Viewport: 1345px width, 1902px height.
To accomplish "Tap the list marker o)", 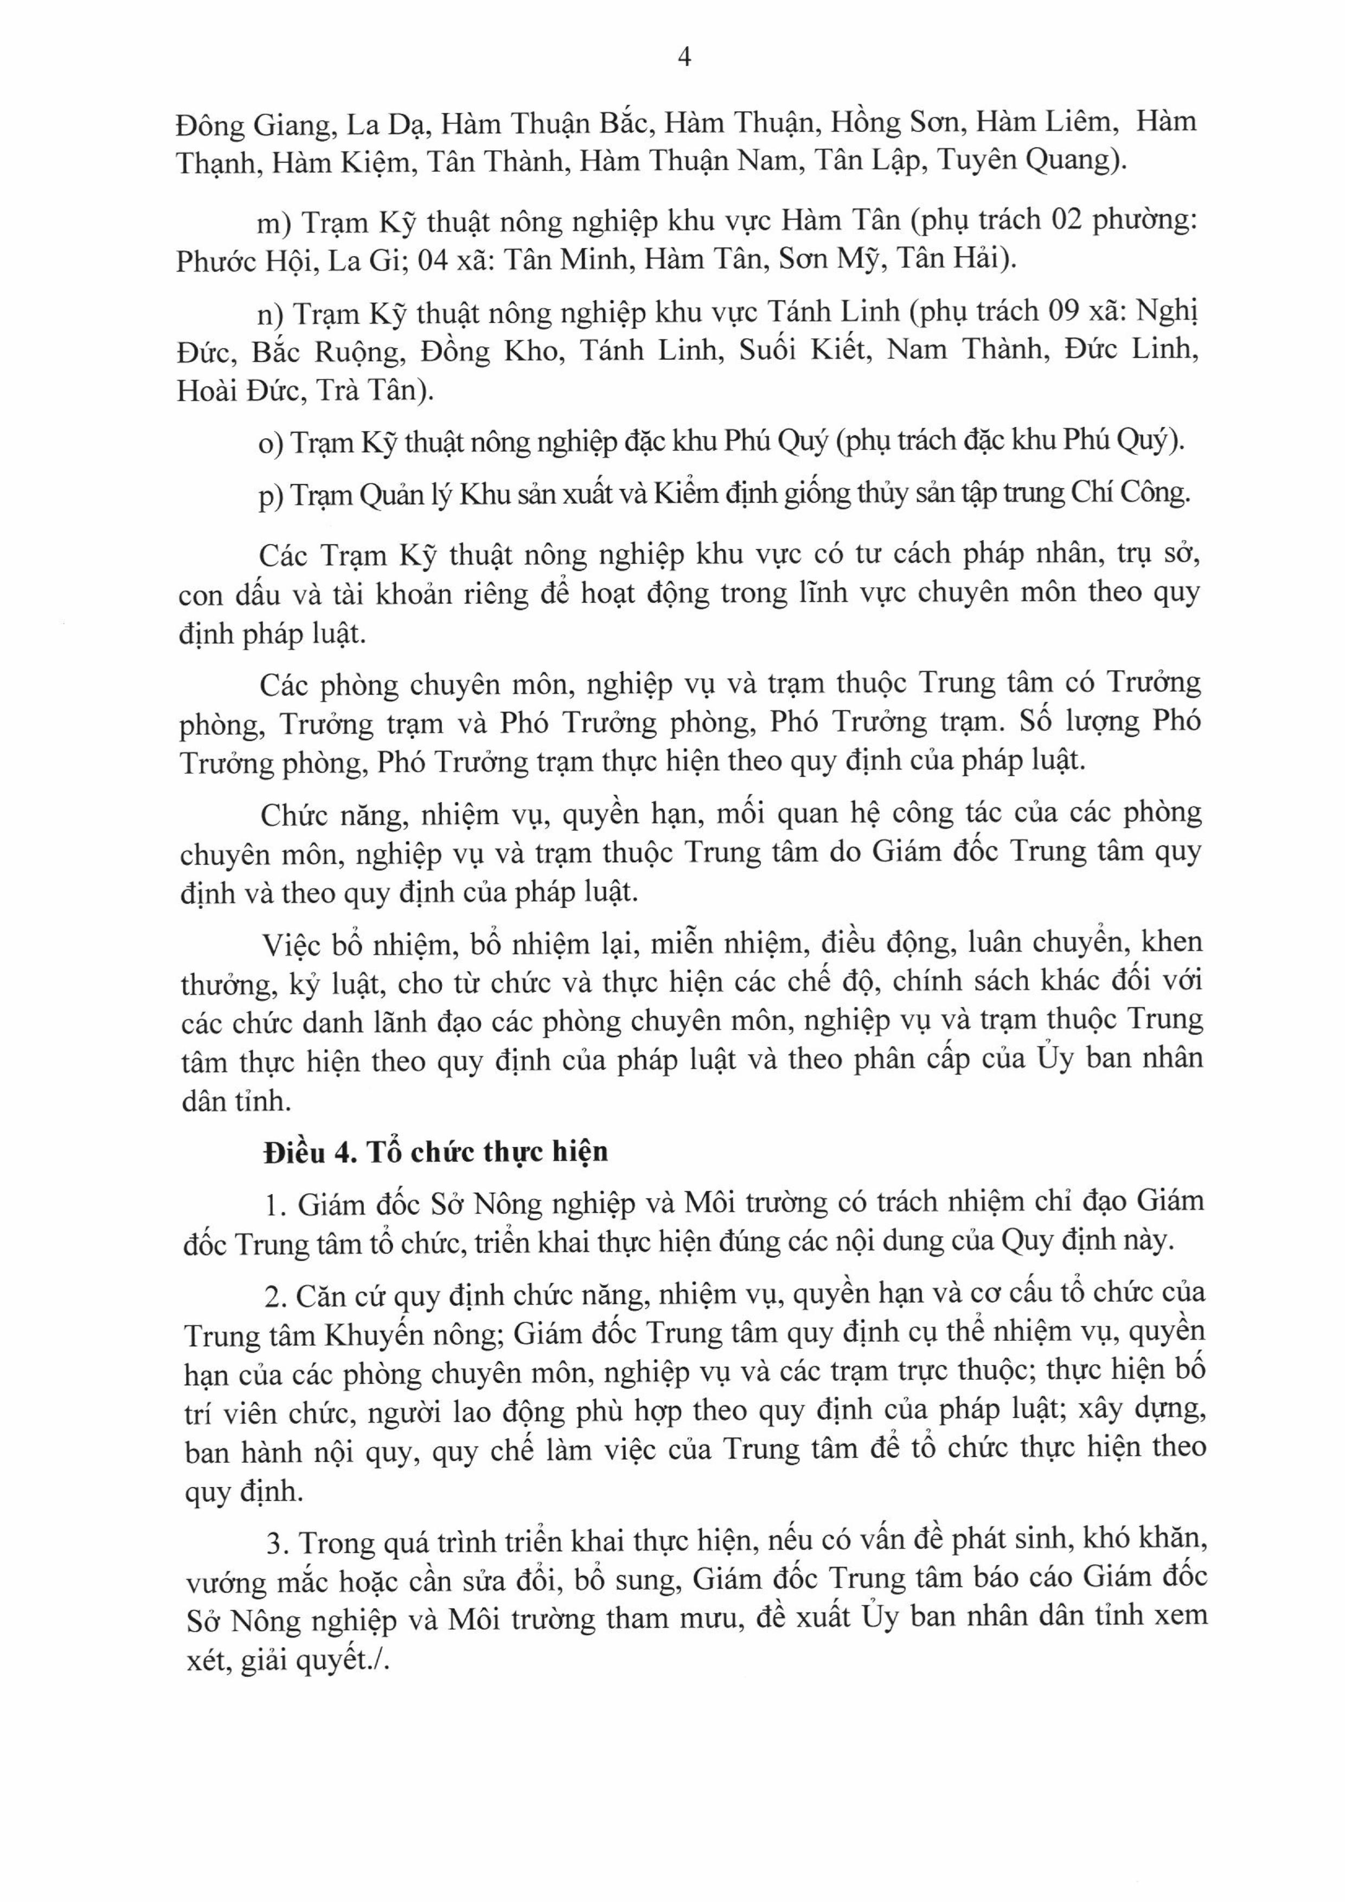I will pos(272,444).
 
